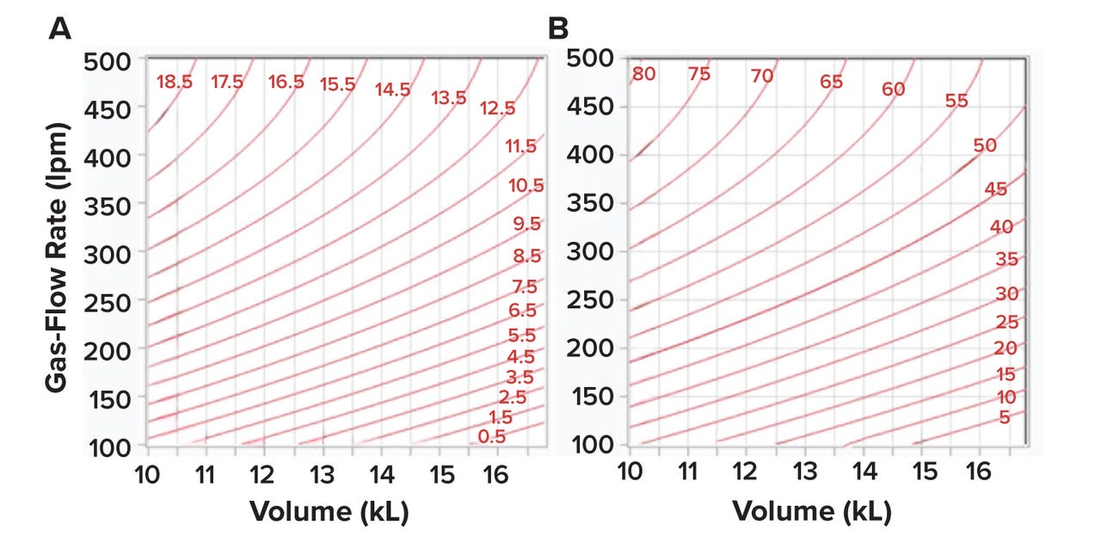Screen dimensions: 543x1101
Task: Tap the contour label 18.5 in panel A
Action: point(175,83)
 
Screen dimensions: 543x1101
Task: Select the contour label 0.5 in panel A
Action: point(492,436)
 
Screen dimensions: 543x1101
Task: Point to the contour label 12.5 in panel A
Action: point(498,108)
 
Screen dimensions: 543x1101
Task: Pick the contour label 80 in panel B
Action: point(643,74)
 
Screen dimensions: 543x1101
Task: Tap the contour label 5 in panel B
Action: point(1004,418)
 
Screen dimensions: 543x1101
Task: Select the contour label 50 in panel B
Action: point(984,145)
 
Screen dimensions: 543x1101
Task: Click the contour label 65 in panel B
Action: point(831,83)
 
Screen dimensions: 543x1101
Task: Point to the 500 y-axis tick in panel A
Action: point(106,60)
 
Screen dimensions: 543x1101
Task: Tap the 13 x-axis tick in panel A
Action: point(322,474)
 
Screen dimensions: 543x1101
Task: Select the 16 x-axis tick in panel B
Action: point(979,472)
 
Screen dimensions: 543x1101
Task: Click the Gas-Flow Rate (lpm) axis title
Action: point(58,256)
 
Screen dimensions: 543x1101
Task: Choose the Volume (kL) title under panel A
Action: point(329,512)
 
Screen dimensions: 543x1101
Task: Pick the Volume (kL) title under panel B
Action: point(811,512)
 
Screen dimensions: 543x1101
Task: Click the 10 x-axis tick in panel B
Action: point(630,472)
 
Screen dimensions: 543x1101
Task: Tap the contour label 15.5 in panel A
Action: point(337,84)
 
